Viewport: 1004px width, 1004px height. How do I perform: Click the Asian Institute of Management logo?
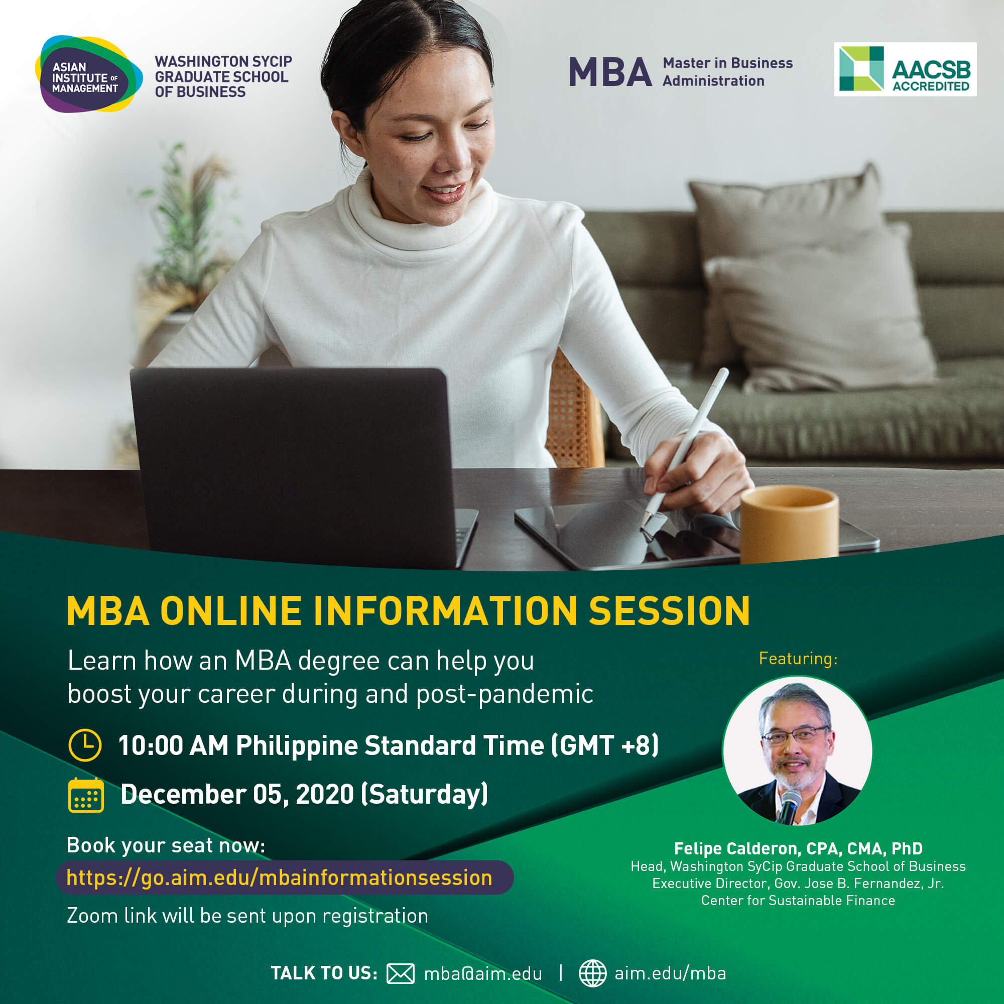[x=88, y=74]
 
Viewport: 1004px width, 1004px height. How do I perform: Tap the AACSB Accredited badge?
[x=905, y=69]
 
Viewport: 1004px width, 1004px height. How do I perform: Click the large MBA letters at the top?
[x=610, y=72]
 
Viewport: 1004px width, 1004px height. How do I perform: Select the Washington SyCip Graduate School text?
[x=223, y=76]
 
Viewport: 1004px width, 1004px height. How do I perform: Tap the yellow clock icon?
[x=85, y=745]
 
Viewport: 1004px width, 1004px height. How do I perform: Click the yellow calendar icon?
[x=86, y=795]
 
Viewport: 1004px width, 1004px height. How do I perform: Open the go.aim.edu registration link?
[x=280, y=877]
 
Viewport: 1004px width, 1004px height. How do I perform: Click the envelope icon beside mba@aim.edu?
[x=400, y=973]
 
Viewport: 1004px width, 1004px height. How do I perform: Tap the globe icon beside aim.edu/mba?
[x=592, y=973]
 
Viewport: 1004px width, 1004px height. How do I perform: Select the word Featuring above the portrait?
[x=798, y=659]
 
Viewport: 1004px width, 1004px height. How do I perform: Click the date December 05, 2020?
[x=237, y=795]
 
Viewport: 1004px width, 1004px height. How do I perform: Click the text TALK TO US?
[x=324, y=973]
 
